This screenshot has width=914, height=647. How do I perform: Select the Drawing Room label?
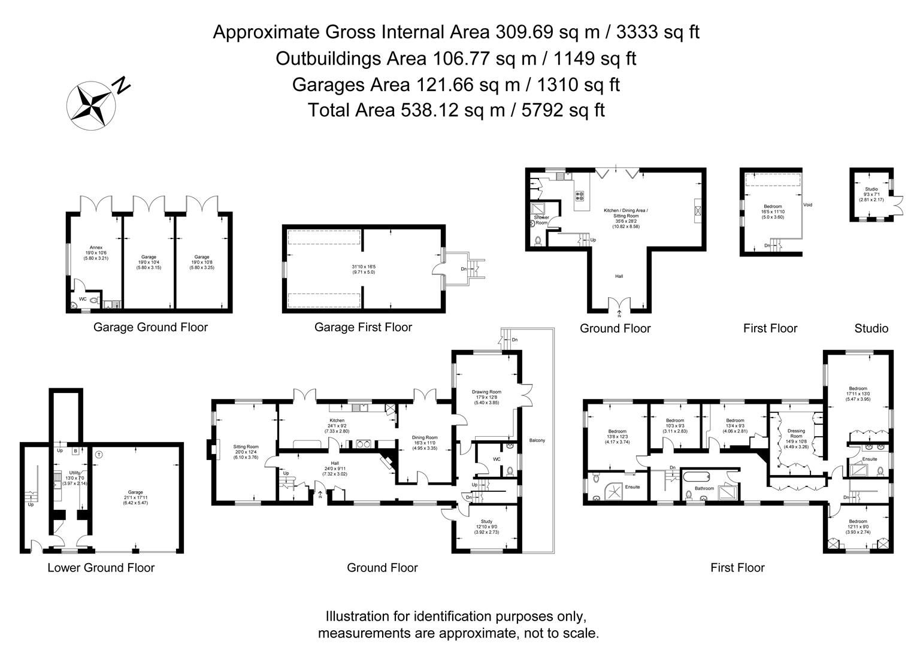486,392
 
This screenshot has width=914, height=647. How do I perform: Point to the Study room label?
486,522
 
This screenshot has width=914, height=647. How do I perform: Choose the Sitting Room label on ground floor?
246,446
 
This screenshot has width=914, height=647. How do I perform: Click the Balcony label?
537,441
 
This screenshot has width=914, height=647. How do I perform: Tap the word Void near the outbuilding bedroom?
807,205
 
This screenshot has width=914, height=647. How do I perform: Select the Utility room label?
74,473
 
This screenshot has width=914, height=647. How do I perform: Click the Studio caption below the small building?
871,328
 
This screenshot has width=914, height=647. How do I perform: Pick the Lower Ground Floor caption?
101,568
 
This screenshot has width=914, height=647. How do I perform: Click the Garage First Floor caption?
363,327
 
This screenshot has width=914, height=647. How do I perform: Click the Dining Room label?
425,437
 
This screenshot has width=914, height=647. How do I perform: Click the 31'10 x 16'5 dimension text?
363,267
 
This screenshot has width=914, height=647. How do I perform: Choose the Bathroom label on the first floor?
704,488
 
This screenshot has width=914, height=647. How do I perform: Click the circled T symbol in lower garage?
99,454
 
